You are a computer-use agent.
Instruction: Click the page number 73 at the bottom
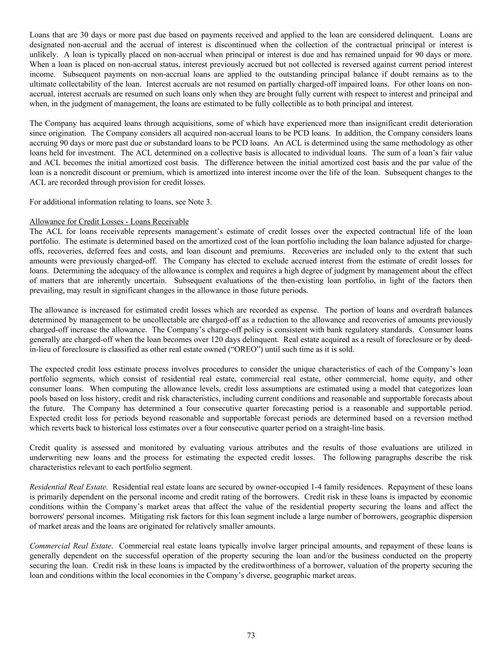tap(251, 635)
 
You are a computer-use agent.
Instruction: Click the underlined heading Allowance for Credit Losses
tap(109, 221)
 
